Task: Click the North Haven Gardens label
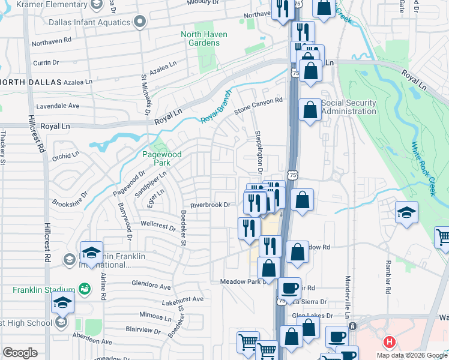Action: coord(204,38)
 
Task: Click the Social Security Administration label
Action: coord(349,107)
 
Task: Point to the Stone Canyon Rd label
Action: coord(258,106)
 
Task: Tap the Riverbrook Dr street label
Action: coord(210,205)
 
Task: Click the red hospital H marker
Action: coord(389,343)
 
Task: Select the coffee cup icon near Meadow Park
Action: coord(289,288)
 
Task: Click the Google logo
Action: coord(20,353)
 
